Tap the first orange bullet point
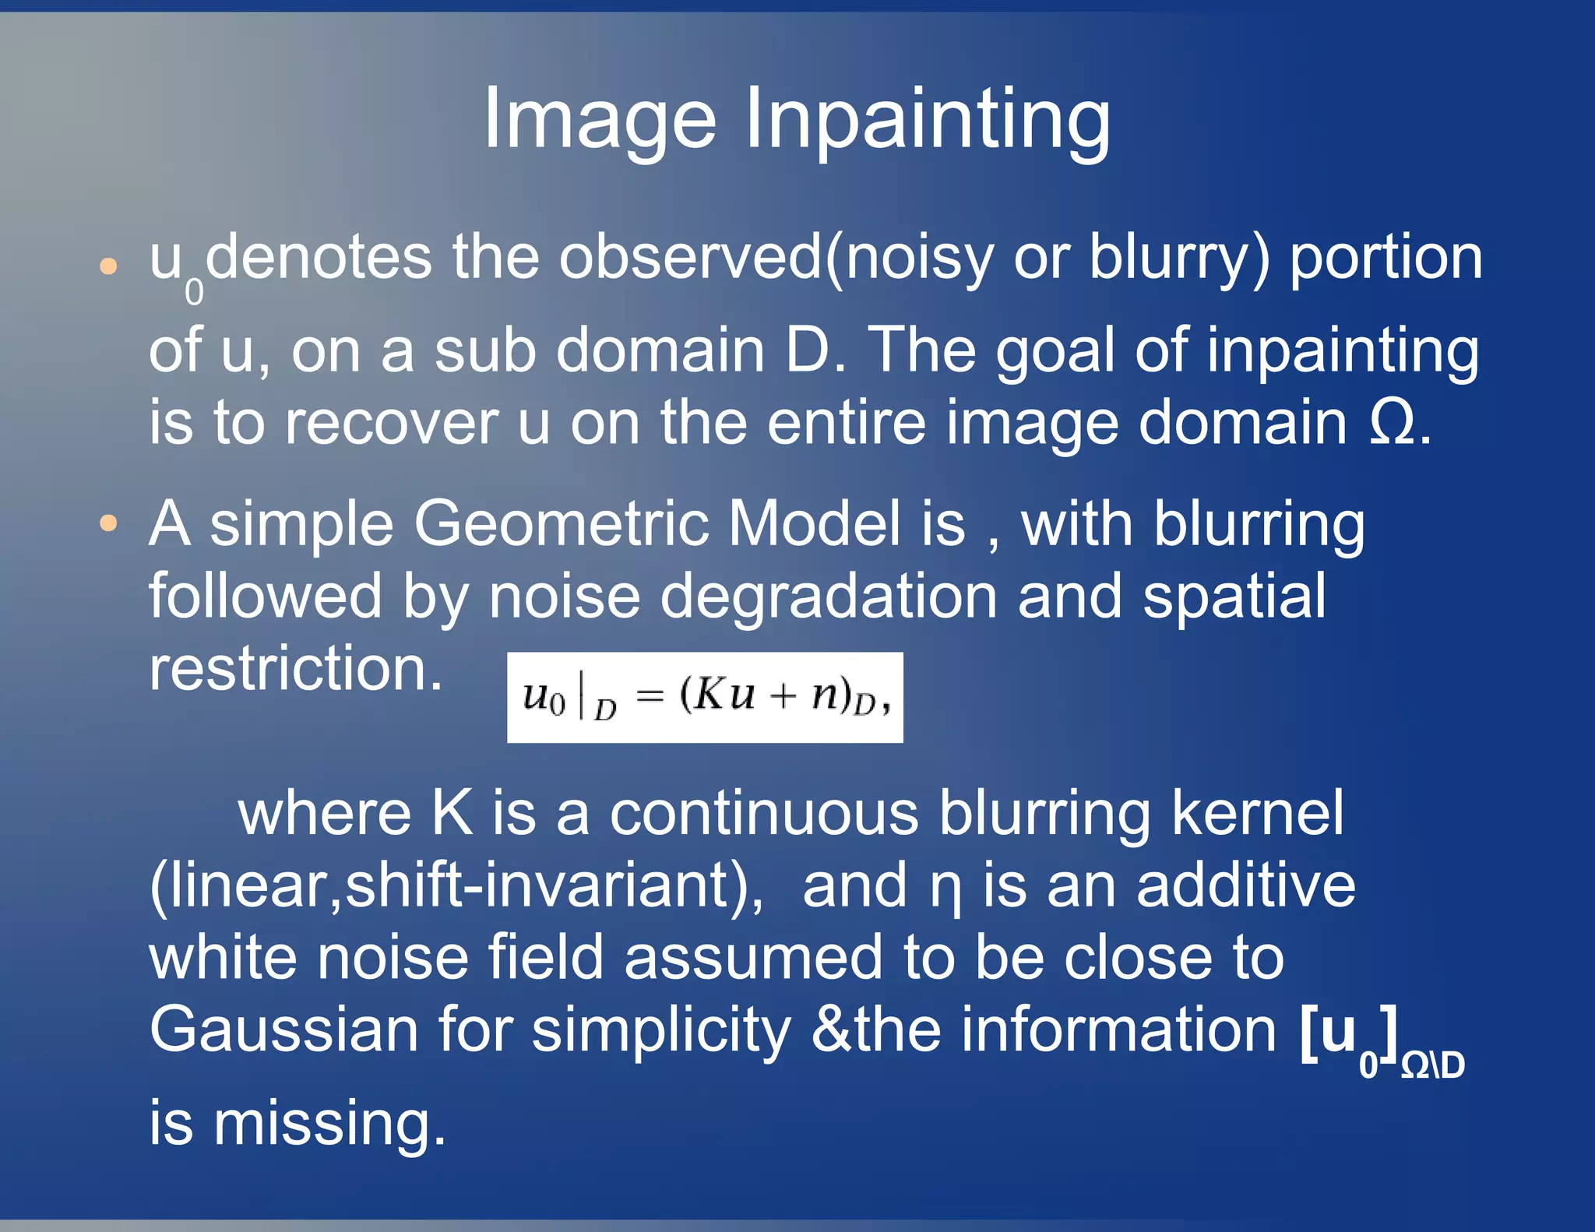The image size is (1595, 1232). tap(109, 267)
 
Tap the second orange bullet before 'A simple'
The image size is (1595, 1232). tap(109, 523)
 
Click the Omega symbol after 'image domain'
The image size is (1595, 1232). tap(1393, 423)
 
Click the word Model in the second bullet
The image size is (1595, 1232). tap(815, 523)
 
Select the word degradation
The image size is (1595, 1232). tap(829, 597)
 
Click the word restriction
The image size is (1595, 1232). tap(296, 669)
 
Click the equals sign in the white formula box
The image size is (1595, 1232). tap(650, 696)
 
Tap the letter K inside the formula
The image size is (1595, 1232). tap(710, 694)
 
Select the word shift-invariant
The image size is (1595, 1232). tap(545, 886)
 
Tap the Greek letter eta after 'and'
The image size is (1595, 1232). tap(945, 890)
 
